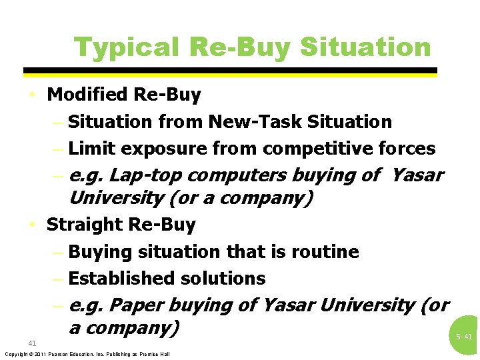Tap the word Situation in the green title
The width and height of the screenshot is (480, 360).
click(x=365, y=47)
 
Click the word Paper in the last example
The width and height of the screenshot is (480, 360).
click(x=135, y=305)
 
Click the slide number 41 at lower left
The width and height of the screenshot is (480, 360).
click(x=32, y=343)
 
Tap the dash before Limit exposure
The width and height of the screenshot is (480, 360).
click(x=58, y=149)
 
